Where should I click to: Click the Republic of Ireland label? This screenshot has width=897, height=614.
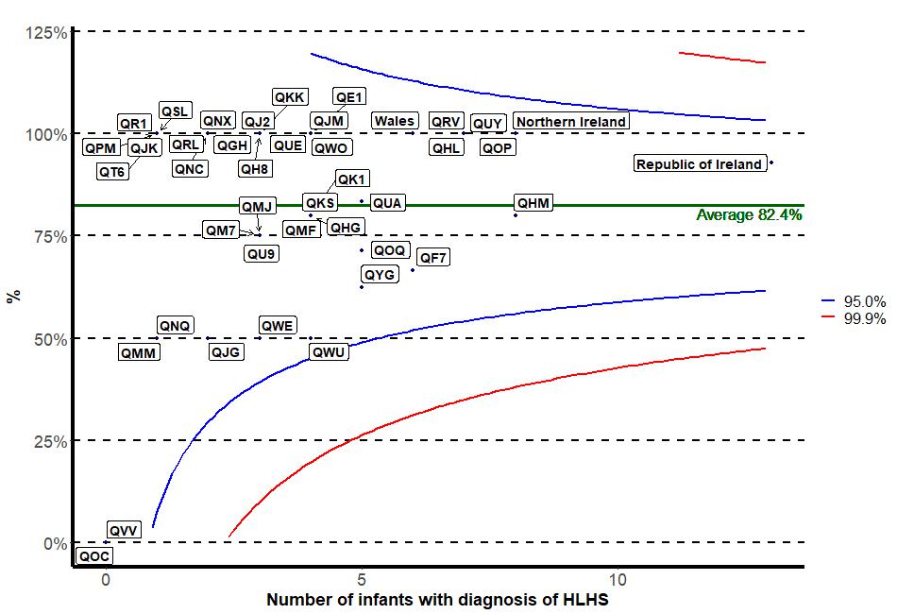tap(699, 164)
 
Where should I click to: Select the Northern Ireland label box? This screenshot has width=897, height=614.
tap(571, 122)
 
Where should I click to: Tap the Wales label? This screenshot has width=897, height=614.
tap(394, 121)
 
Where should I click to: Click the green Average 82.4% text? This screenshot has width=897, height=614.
tap(749, 215)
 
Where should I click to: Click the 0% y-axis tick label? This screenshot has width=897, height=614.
tap(55, 543)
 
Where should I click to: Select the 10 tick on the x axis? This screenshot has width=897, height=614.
tap(618, 578)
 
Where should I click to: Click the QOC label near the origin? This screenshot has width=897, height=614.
tap(94, 556)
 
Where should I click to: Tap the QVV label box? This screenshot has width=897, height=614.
tap(124, 530)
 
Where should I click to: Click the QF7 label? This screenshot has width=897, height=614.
tap(433, 257)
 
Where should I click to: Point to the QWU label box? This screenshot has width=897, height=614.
tap(329, 352)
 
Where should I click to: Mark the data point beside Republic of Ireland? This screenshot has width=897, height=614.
tap(771, 162)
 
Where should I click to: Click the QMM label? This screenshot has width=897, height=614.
tap(139, 352)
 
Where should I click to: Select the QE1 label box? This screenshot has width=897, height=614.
tap(349, 97)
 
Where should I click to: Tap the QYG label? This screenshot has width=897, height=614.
tap(379, 274)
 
